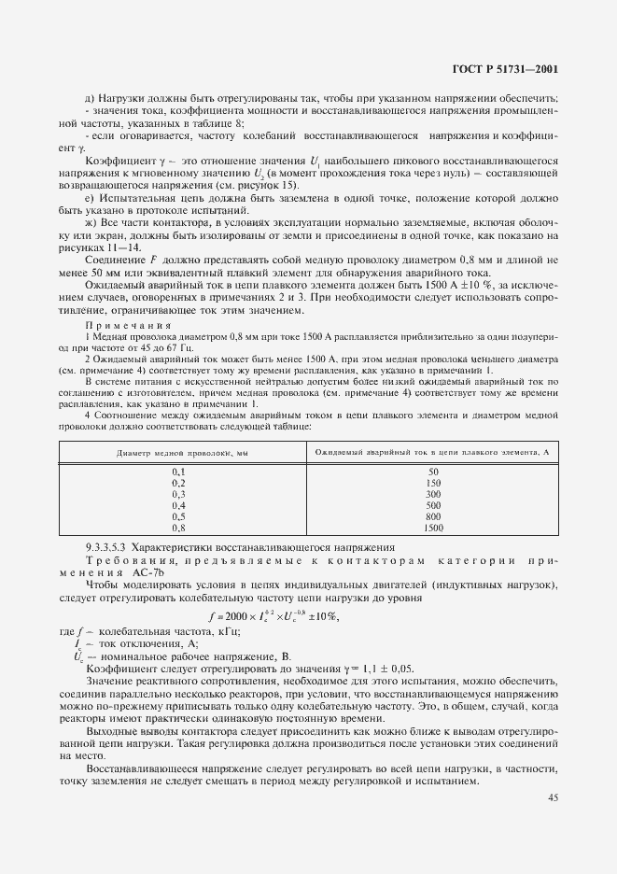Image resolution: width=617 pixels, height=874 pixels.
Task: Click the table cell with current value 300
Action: (x=432, y=494)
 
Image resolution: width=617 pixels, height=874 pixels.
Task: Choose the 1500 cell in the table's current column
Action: (x=432, y=528)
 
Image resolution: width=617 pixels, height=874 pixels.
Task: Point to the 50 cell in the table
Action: (x=432, y=472)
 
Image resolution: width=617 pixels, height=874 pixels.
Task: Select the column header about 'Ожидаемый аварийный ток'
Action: (x=432, y=452)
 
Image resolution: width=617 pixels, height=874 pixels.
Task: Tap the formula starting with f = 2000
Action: (x=273, y=617)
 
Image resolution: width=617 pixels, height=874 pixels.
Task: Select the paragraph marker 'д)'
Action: (x=91, y=99)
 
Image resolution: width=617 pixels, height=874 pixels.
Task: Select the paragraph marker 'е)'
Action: (x=91, y=198)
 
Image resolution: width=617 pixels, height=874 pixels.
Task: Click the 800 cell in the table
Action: (x=432, y=516)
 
